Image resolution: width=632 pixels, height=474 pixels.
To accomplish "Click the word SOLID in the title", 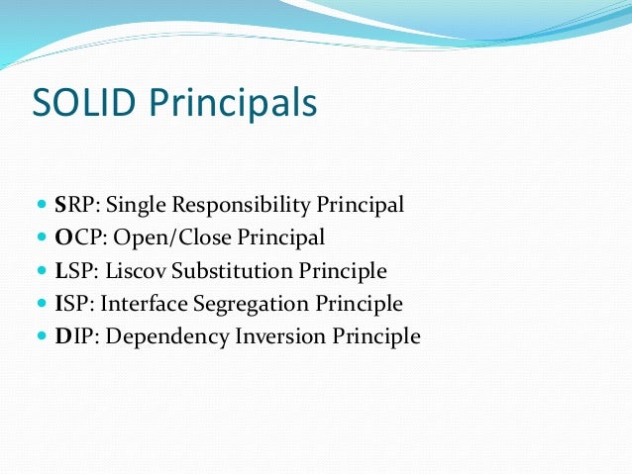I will tap(77, 102).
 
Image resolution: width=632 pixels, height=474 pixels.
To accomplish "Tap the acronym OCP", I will tap(76, 238).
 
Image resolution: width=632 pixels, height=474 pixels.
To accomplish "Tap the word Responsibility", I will tap(238, 206).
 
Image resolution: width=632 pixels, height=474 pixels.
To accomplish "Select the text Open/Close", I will tap(155, 238).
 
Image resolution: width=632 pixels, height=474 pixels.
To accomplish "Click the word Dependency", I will tap(164, 336).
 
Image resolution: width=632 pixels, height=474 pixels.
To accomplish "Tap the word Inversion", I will tap(278, 336).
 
